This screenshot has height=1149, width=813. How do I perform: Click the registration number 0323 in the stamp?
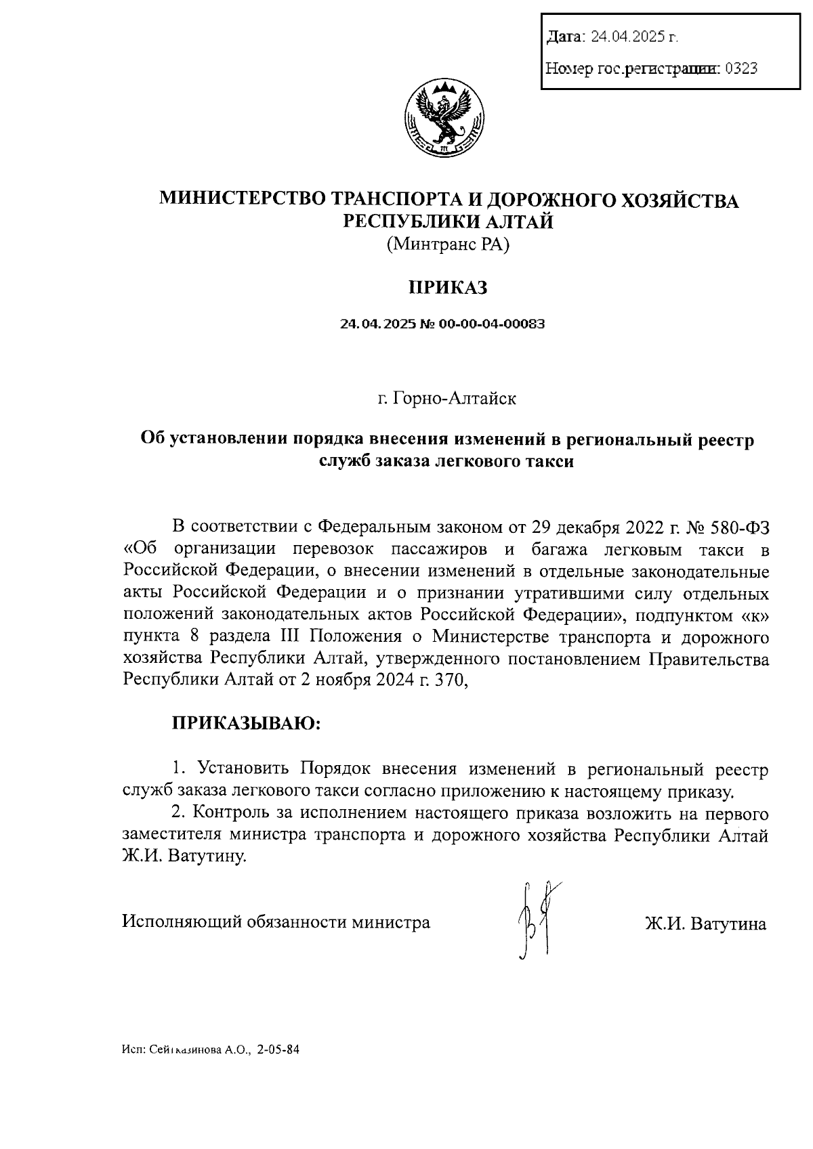click(x=741, y=68)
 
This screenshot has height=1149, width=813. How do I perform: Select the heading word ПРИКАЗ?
click(x=447, y=288)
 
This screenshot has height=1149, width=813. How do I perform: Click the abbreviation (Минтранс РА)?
click(x=447, y=244)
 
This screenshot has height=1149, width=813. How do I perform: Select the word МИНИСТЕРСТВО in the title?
click(x=243, y=200)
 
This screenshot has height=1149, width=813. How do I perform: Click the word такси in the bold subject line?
click(x=547, y=462)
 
